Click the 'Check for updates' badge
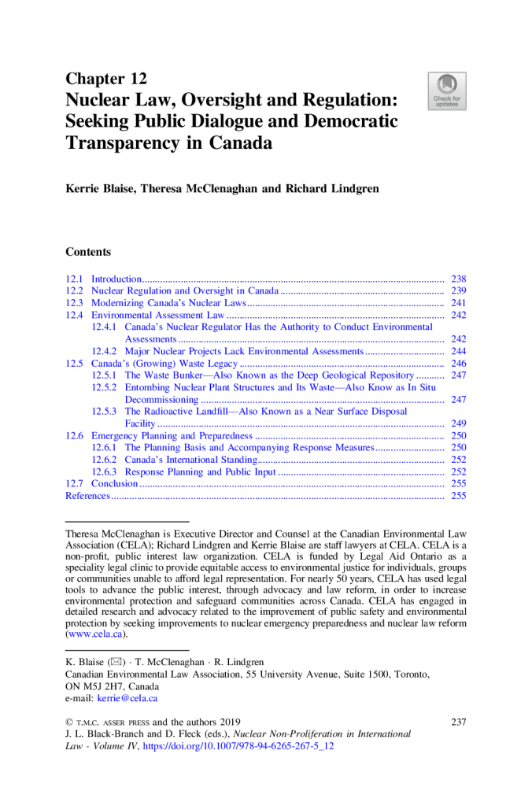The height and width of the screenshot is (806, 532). (447, 91)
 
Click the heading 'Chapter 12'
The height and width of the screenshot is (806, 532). (105, 79)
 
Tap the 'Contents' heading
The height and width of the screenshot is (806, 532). (88, 252)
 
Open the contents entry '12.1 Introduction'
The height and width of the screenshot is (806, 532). (116, 279)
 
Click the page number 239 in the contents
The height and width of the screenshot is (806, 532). (459, 290)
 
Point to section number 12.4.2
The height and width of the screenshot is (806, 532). (104, 351)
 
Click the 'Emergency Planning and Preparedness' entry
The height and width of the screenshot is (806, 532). (172, 435)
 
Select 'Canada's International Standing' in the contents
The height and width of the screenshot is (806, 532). (191, 460)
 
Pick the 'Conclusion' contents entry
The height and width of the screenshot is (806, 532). (115, 483)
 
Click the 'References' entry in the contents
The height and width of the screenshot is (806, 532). (87, 496)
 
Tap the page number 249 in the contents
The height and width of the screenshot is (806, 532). (459, 423)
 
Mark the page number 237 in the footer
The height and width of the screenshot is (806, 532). (458, 722)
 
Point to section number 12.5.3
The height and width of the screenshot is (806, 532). (104, 412)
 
